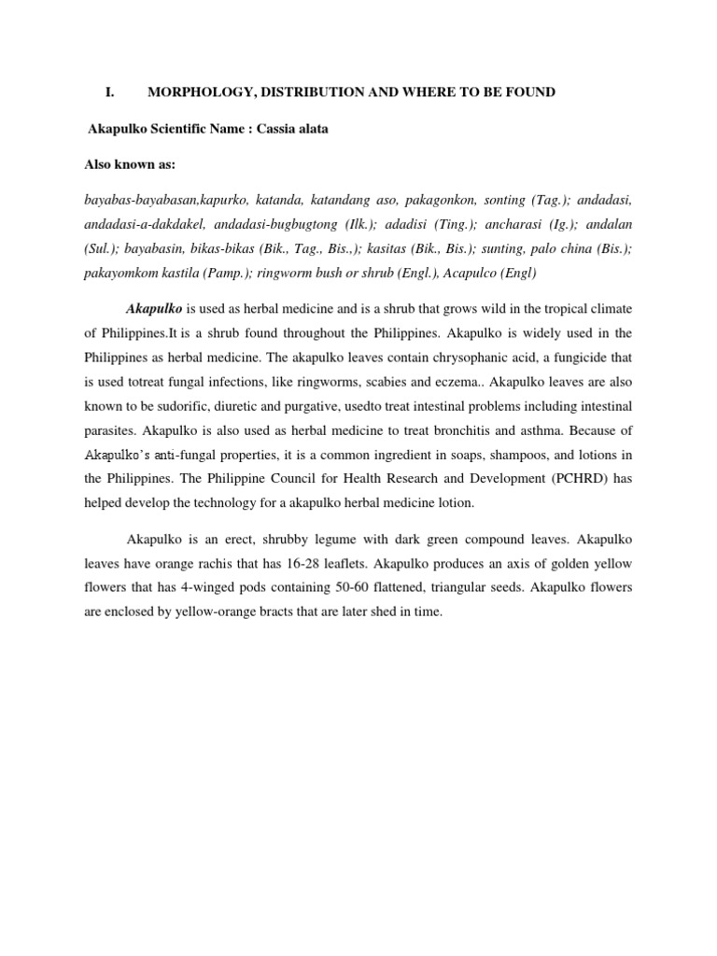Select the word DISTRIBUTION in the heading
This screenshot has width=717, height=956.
pyautogui.click(x=315, y=91)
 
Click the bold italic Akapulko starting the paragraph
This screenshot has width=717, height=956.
pyautogui.click(x=154, y=308)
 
